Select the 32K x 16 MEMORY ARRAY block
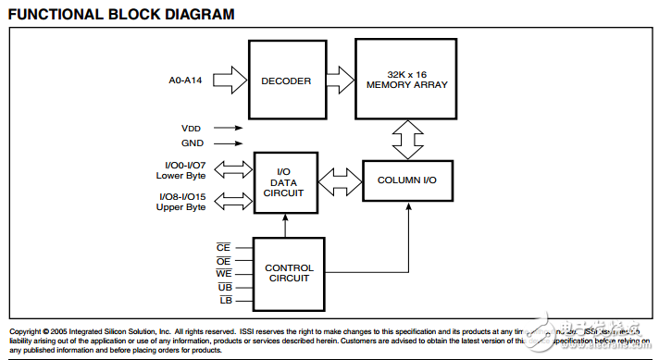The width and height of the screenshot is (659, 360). tap(407, 80)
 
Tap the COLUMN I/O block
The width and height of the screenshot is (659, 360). tap(407, 180)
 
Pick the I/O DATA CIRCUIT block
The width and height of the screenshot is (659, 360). tap(285, 182)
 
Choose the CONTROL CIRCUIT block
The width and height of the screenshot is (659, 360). tap(289, 274)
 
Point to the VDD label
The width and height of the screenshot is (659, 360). tap(191, 129)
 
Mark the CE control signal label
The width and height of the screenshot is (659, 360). tap(224, 247)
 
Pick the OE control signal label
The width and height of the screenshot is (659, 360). tap(224, 261)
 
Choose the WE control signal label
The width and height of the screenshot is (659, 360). tap(224, 274)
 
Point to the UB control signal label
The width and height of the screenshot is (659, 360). tap(224, 288)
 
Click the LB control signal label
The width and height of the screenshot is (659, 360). tap(224, 302)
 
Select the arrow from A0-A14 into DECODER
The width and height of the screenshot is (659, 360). tap(233, 81)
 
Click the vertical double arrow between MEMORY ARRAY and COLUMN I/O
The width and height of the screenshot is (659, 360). tap(407, 139)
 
